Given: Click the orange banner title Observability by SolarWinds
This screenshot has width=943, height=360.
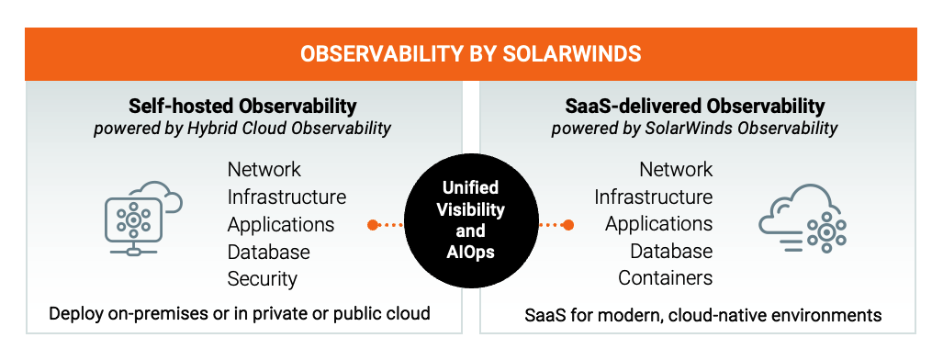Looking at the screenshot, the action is click(x=471, y=54).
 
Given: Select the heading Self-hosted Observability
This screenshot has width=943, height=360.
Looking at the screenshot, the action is click(x=242, y=107).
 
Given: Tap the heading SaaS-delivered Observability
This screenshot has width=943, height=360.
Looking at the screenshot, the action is click(x=694, y=107).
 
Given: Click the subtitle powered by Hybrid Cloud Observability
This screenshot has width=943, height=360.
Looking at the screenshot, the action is click(x=242, y=129).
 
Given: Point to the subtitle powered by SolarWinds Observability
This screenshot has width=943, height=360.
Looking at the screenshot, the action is click(x=694, y=129).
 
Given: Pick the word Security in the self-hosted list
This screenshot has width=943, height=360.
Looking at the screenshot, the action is click(x=263, y=279).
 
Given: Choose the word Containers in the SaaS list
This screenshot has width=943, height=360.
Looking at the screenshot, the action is click(x=665, y=278).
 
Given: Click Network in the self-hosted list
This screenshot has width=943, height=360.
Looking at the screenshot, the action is click(x=264, y=169).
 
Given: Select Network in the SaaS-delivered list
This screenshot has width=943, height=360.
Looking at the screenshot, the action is click(x=676, y=169).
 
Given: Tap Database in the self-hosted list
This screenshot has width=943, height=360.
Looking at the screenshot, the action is click(x=268, y=251).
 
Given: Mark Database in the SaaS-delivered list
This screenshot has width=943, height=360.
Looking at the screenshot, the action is click(x=671, y=251).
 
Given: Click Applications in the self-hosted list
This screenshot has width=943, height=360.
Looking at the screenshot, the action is click(x=280, y=225).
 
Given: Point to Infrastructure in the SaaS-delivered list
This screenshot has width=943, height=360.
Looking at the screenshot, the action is click(x=654, y=197).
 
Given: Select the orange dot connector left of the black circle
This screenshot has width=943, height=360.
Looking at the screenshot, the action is click(x=386, y=225).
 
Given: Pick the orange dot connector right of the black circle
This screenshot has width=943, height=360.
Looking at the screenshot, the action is click(x=556, y=225).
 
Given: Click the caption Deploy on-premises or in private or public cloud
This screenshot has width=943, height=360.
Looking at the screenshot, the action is click(x=240, y=314).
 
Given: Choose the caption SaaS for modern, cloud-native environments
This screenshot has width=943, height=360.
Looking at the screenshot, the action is click(x=703, y=315).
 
